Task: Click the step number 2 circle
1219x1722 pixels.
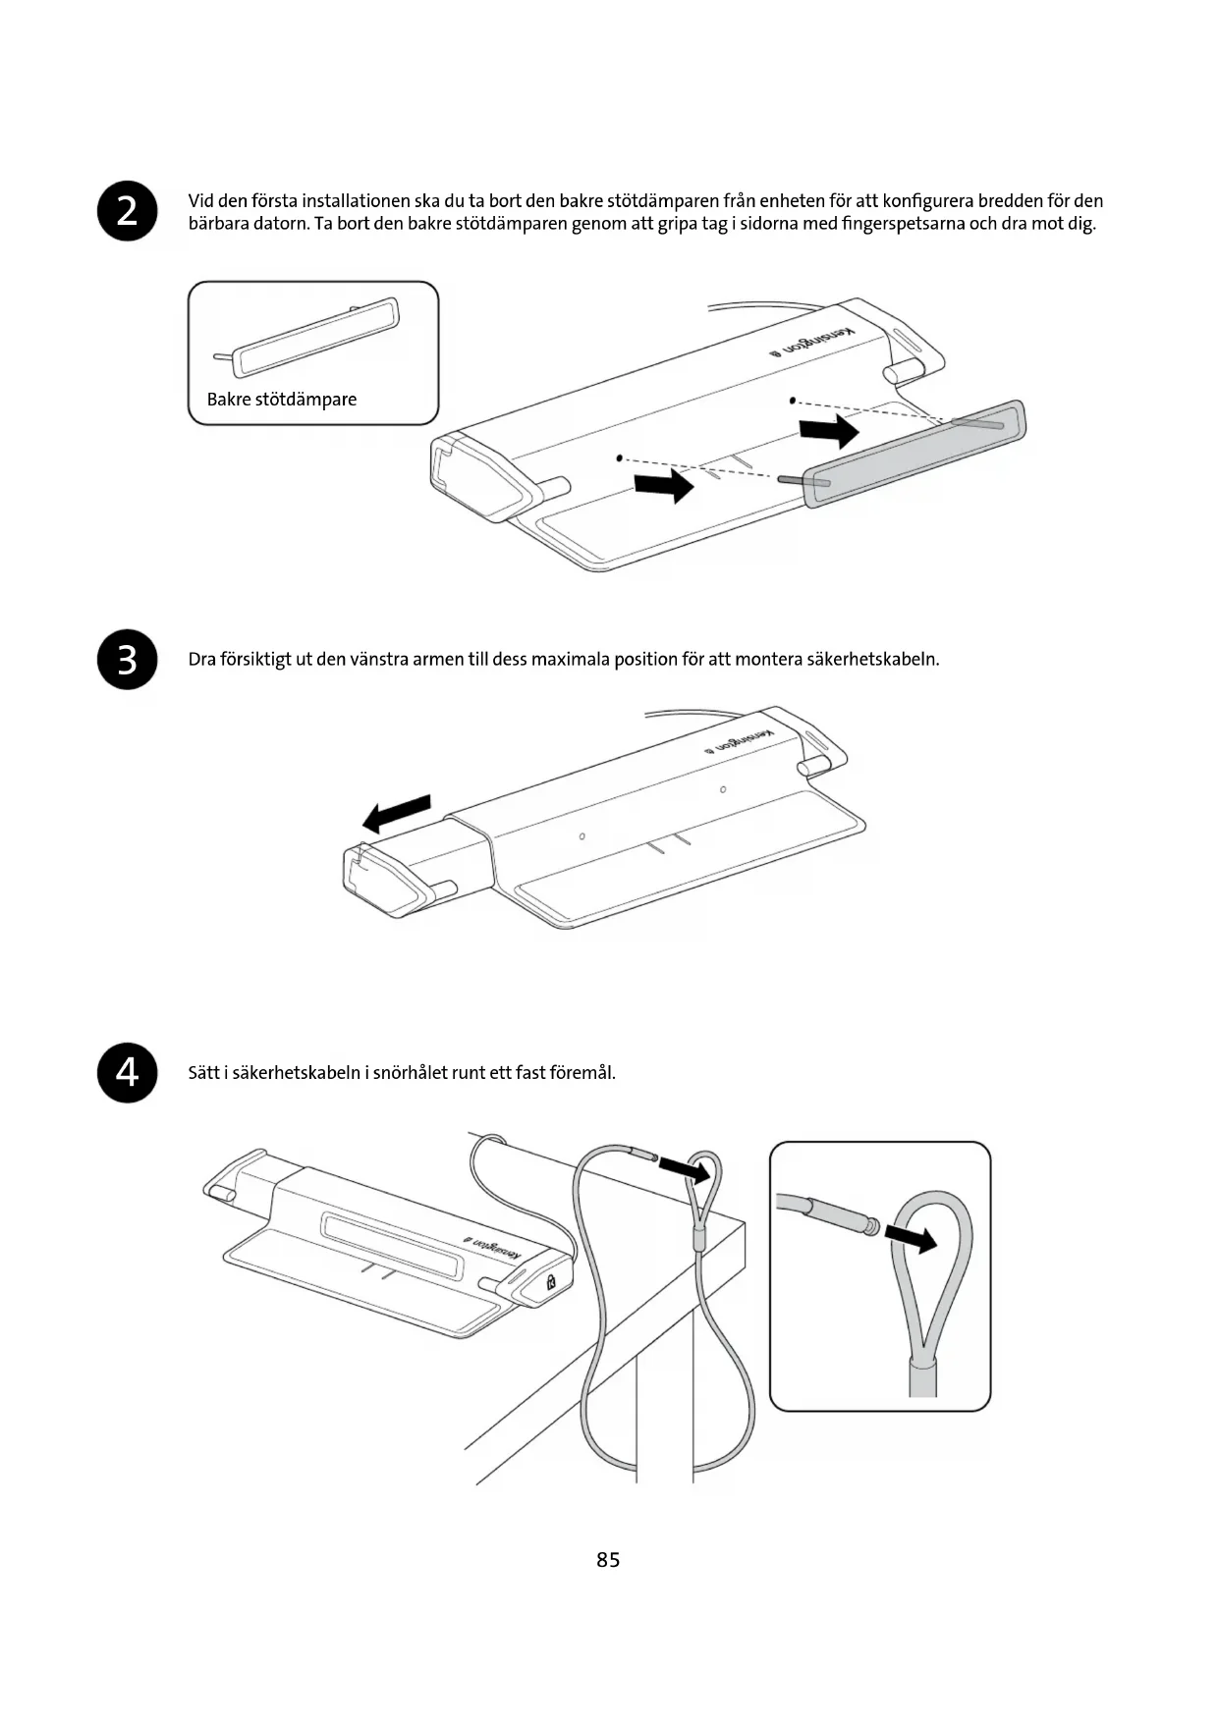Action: point(128,211)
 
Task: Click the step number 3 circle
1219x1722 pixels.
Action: point(128,659)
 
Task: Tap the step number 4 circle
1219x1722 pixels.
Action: point(128,1072)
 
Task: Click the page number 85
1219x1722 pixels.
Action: point(608,1560)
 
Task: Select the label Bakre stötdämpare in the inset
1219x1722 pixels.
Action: point(282,400)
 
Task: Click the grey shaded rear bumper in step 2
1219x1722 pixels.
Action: point(914,454)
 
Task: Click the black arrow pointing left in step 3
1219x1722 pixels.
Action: point(397,813)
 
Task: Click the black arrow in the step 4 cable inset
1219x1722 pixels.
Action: point(911,1238)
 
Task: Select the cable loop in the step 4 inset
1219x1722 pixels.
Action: point(931,1266)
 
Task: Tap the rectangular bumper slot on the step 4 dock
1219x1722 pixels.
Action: point(391,1242)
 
